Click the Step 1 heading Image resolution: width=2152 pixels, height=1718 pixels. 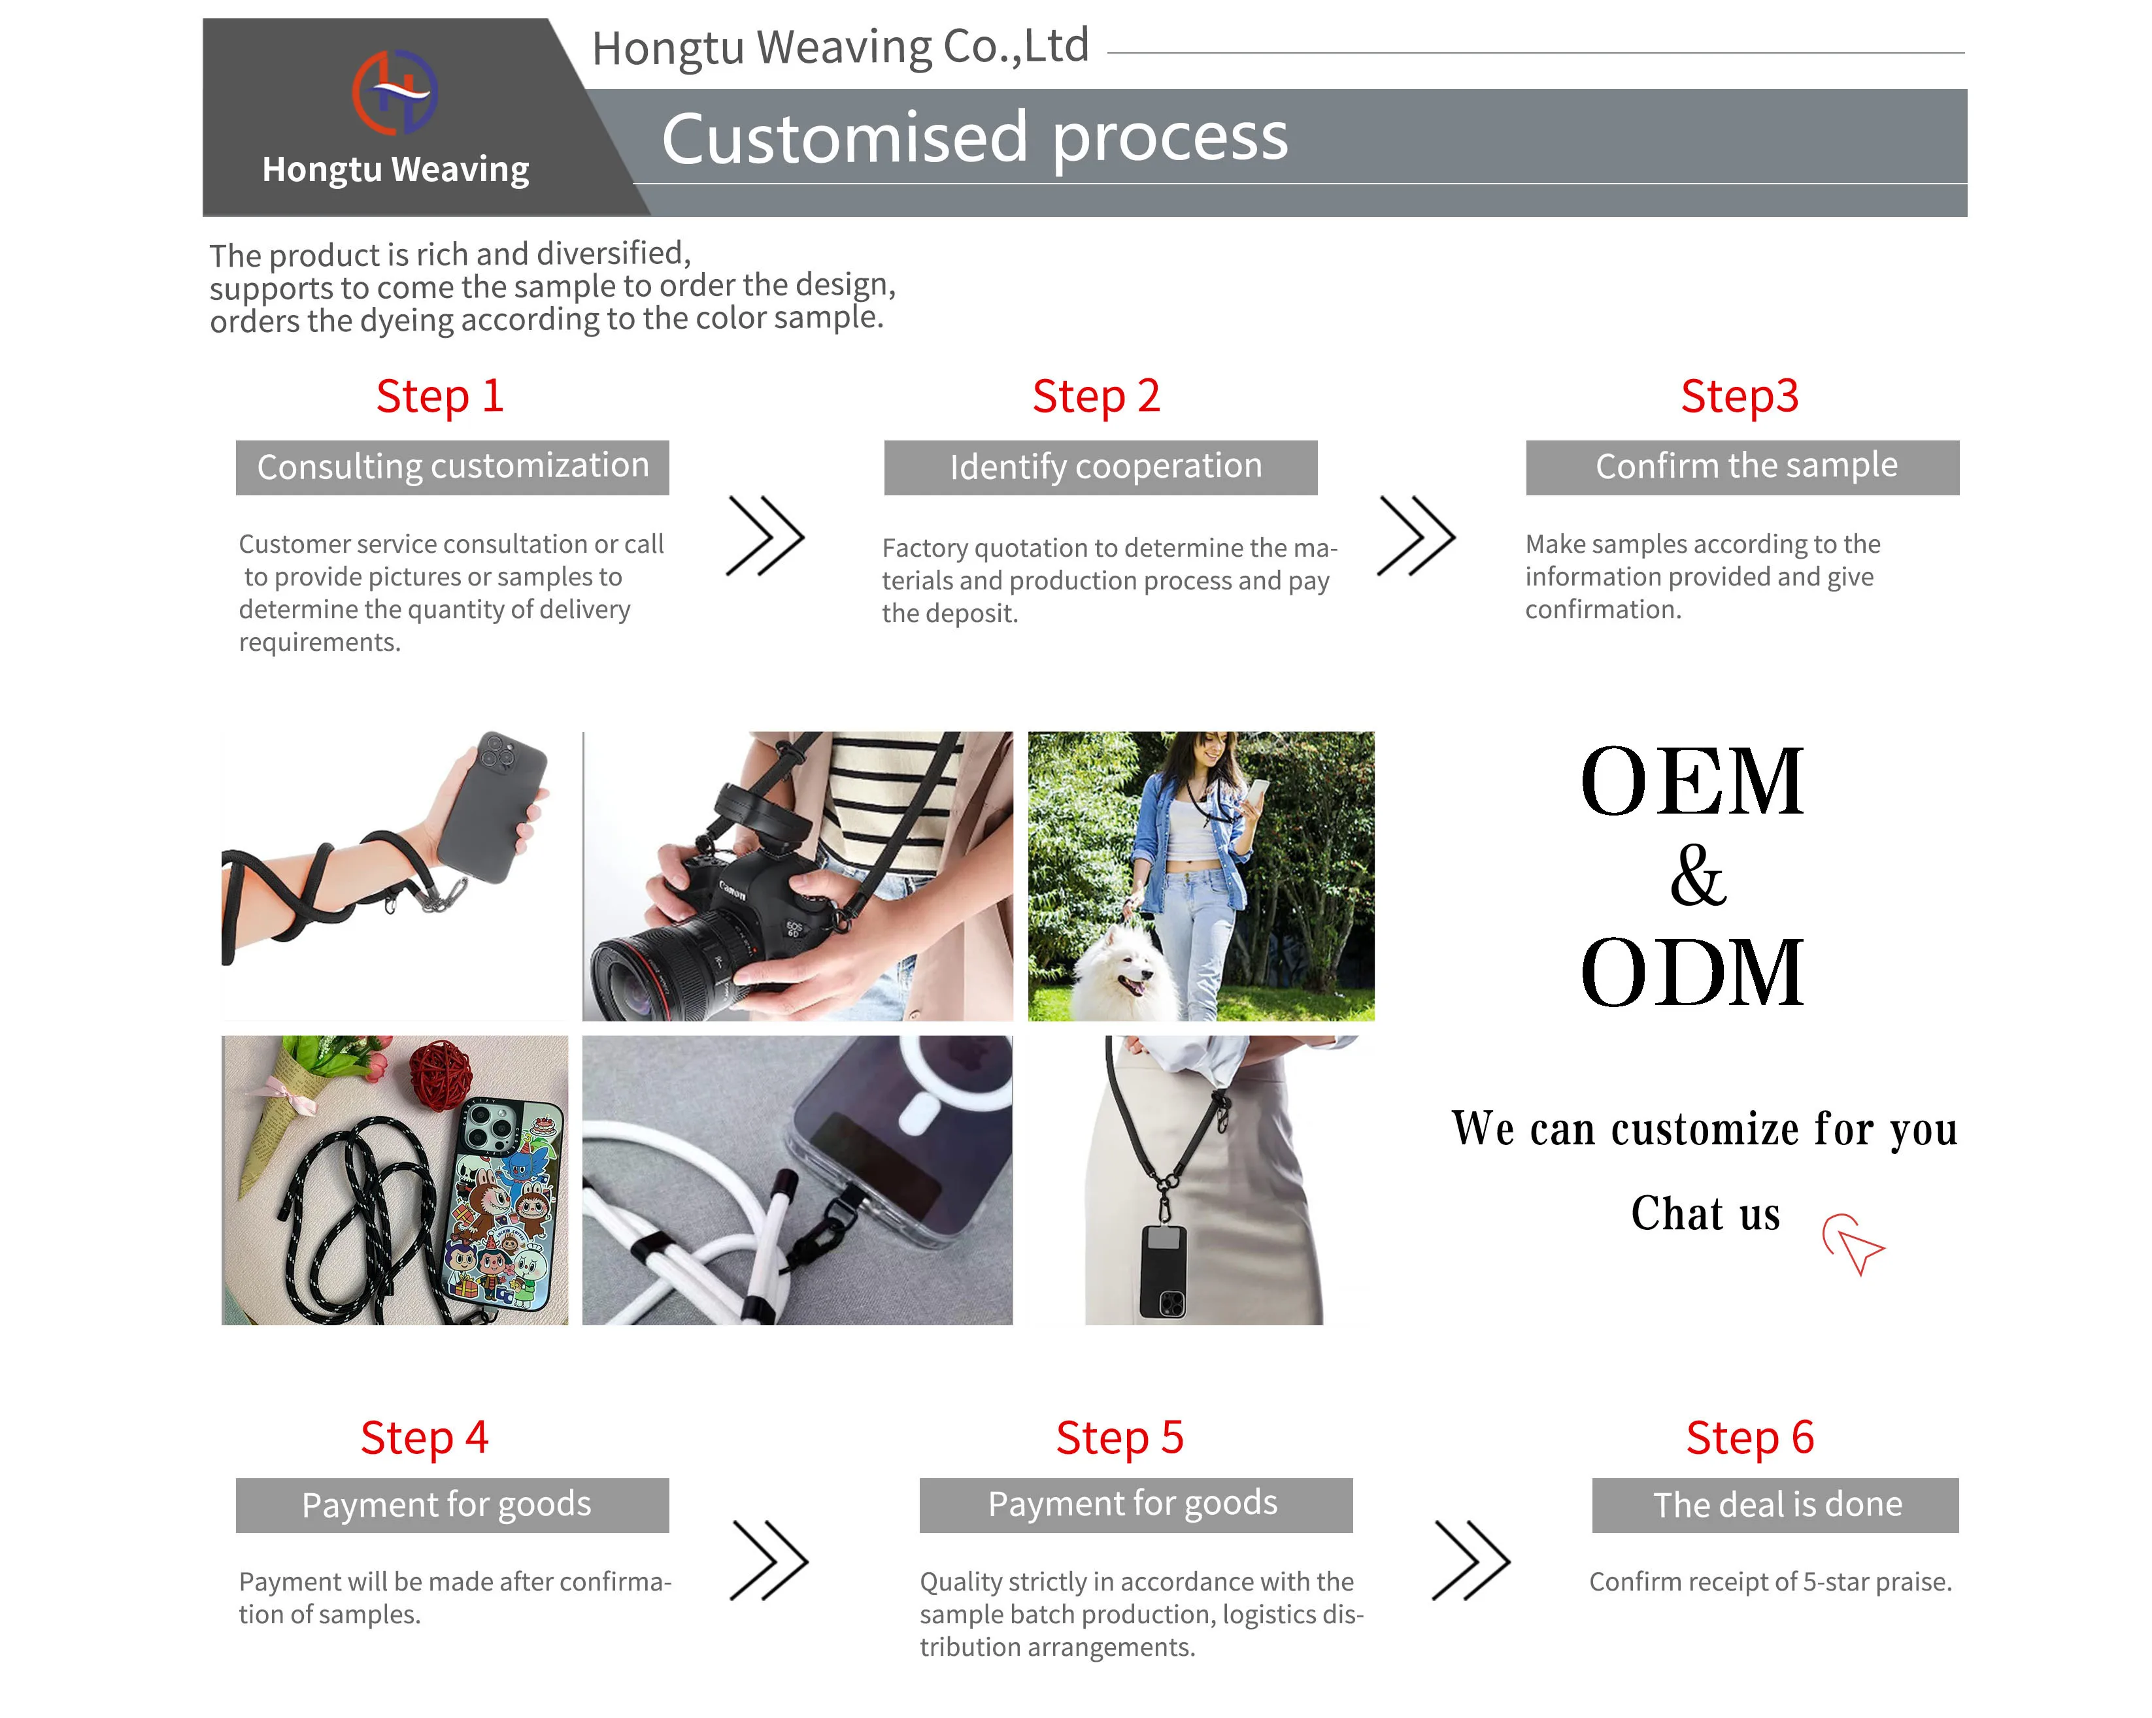coord(439,396)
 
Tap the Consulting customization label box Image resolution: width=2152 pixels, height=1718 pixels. coord(452,467)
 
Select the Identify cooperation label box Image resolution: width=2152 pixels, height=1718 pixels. coord(1100,467)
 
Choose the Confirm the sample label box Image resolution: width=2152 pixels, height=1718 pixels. coord(1741,467)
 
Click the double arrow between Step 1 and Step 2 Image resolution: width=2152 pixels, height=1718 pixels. coord(765,536)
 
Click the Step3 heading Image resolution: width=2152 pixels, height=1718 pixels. coord(1739,396)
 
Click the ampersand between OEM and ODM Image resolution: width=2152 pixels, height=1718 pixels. coord(1697,876)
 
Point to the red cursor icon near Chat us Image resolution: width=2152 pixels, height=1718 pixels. coord(1853,1243)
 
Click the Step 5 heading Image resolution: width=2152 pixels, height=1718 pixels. coord(1119,1438)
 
